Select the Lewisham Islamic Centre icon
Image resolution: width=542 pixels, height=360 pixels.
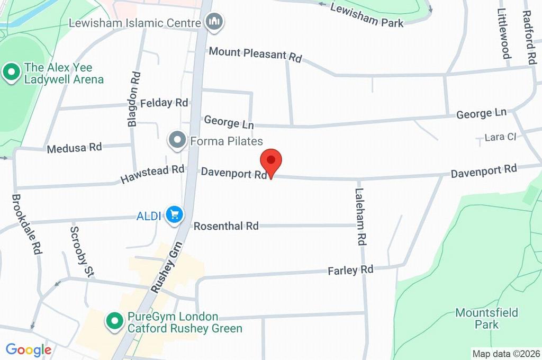click(x=214, y=22)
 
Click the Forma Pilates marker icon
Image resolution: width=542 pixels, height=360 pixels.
click(x=177, y=141)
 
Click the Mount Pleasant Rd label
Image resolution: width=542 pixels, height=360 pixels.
click(x=255, y=54)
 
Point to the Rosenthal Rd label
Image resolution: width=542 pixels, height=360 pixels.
click(x=226, y=226)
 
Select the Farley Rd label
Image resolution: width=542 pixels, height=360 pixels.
click(x=350, y=270)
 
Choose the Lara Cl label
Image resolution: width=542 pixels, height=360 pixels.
click(x=500, y=137)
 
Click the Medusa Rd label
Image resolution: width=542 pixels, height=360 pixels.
click(x=74, y=148)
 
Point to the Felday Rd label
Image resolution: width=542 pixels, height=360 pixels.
click(x=164, y=102)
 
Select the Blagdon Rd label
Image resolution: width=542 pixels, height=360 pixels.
click(x=134, y=99)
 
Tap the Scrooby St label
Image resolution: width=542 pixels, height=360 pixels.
click(x=82, y=251)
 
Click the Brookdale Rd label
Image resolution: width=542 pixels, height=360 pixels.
click(x=26, y=224)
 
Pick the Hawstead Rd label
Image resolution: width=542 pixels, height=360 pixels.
click(x=152, y=174)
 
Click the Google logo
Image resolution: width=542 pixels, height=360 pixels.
click(x=28, y=349)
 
